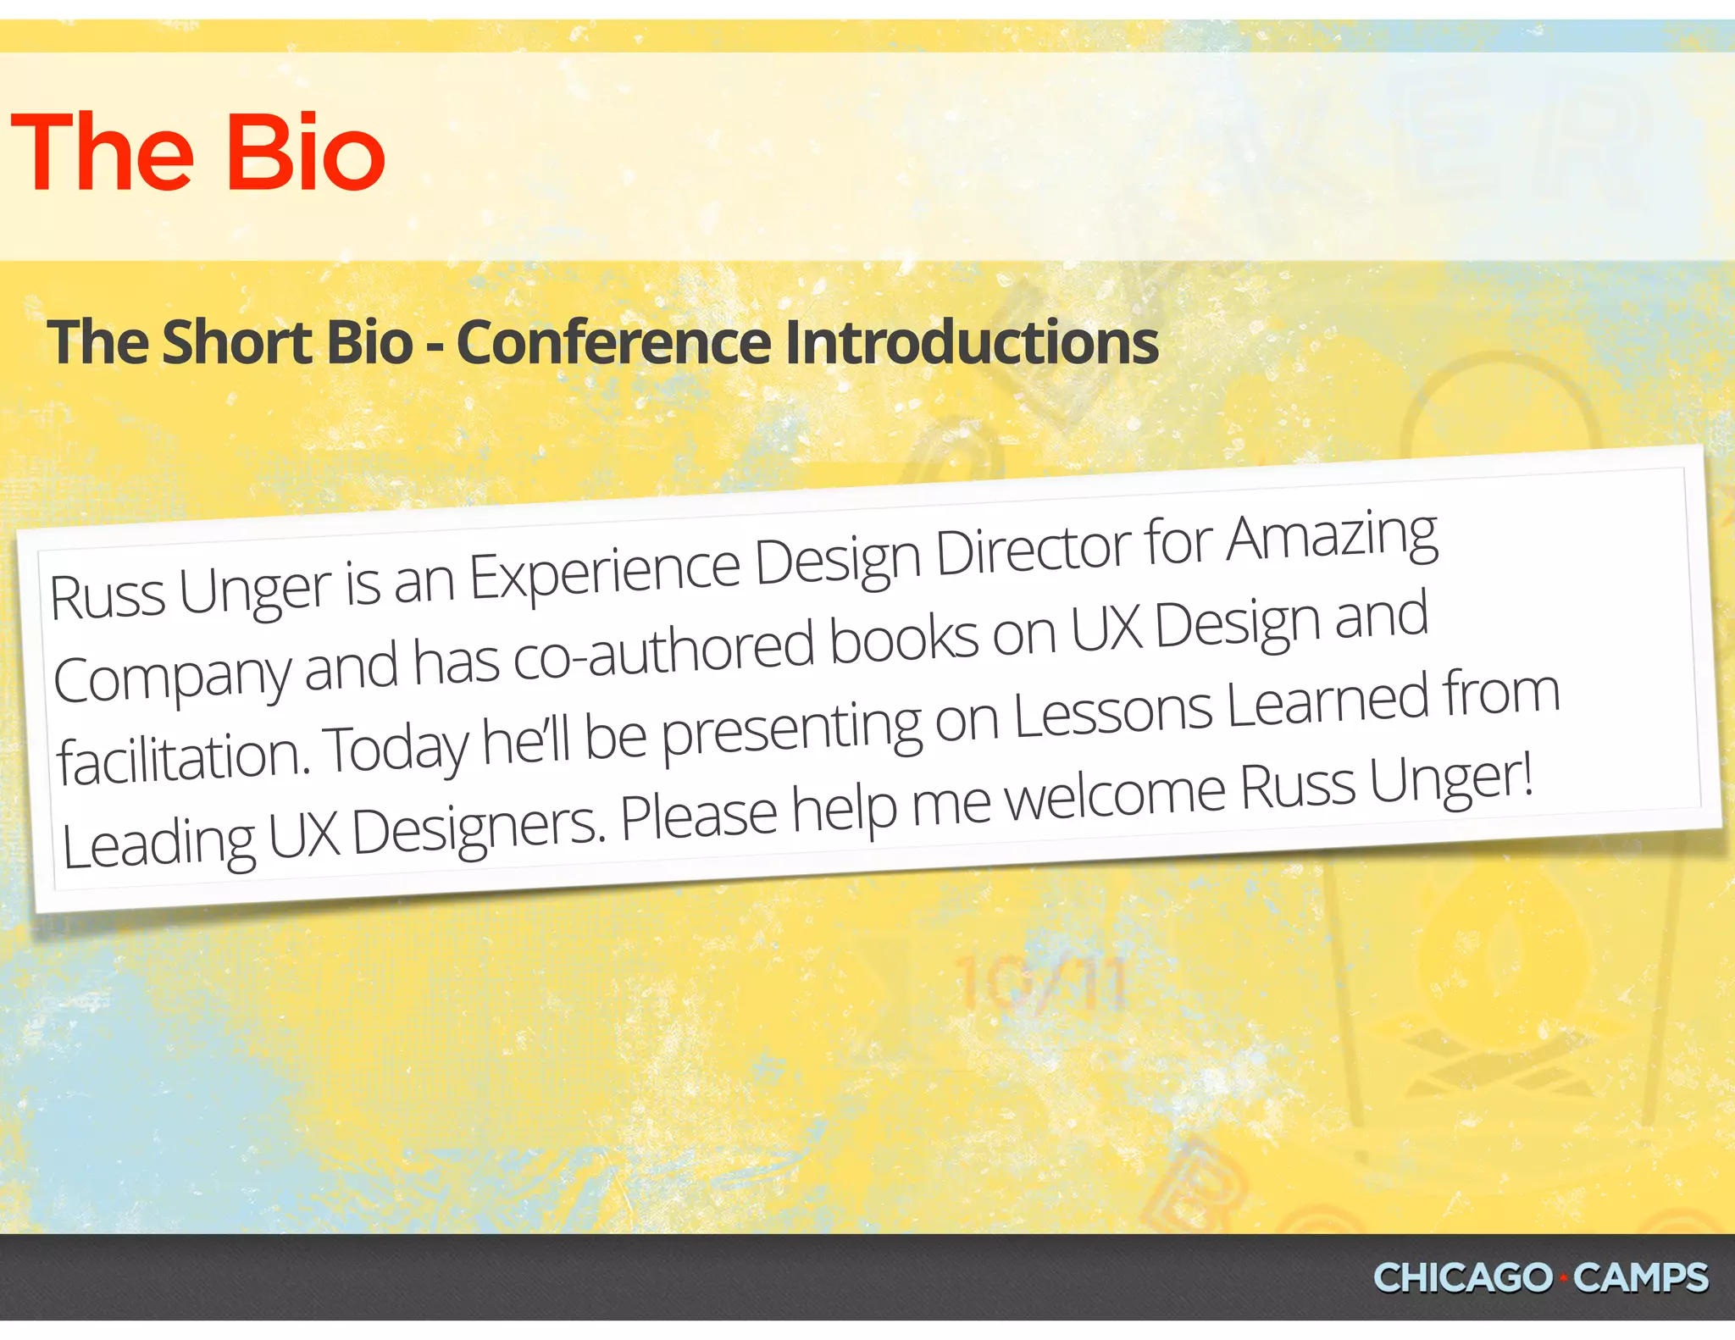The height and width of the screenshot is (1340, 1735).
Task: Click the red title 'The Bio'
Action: (x=198, y=152)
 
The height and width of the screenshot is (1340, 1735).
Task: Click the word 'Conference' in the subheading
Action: (x=613, y=342)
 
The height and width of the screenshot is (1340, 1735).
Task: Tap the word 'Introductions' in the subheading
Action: (x=972, y=342)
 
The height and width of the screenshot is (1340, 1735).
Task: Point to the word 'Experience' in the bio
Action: (x=605, y=573)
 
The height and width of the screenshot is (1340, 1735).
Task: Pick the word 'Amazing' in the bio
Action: (x=1332, y=537)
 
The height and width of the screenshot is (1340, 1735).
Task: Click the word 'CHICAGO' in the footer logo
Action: (x=1462, y=1278)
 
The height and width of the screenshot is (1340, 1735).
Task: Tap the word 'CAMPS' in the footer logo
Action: (x=1640, y=1278)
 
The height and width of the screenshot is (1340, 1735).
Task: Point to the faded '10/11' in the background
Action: (x=1040, y=983)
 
